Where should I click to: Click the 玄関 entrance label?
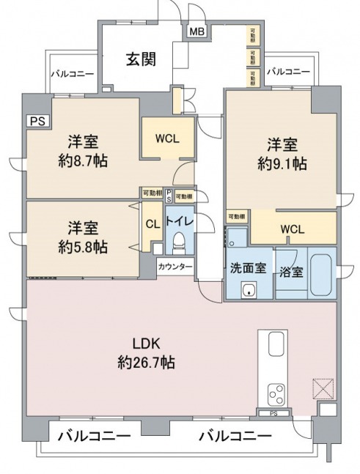[x=140, y=60]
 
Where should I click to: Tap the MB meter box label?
[x=197, y=32]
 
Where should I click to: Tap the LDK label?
[x=146, y=344]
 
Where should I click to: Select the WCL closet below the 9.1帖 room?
[x=293, y=228]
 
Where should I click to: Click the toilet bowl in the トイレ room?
[x=179, y=242]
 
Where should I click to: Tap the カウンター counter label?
[x=175, y=267]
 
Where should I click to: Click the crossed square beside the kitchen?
[x=323, y=388]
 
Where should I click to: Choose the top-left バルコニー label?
[x=71, y=74]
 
